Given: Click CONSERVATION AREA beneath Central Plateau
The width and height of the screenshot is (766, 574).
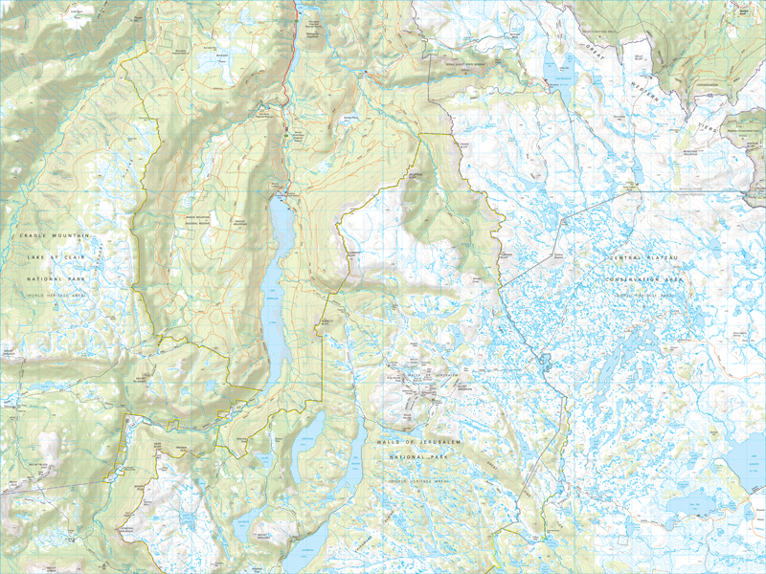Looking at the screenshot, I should point(648,279).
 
